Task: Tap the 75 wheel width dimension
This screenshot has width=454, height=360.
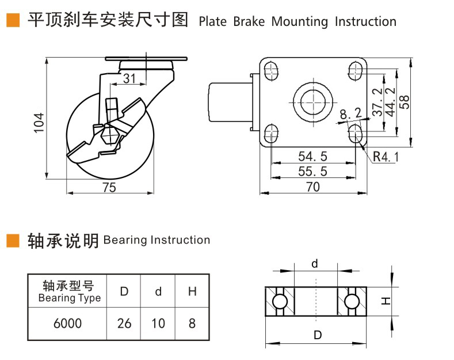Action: coord(109,187)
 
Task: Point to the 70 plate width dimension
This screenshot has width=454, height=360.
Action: coord(312,187)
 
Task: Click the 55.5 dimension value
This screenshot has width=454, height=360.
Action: coord(312,171)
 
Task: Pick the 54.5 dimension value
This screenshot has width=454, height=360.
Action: coord(312,156)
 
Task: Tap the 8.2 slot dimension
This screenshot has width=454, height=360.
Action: coord(350,114)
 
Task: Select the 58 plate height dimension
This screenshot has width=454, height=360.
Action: coord(405,101)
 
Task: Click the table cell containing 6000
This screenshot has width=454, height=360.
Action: coord(67,323)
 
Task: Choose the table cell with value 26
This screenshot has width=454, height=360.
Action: coord(124,323)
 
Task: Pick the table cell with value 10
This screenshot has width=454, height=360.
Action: coord(158,323)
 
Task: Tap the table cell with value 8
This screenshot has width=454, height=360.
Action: coord(192,323)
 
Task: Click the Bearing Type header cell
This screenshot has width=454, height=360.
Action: coord(68,291)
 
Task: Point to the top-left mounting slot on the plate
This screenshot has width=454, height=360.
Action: coord(270,70)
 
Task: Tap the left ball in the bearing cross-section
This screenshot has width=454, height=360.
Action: coord(280,301)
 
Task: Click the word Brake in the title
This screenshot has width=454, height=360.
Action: coord(249,22)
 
